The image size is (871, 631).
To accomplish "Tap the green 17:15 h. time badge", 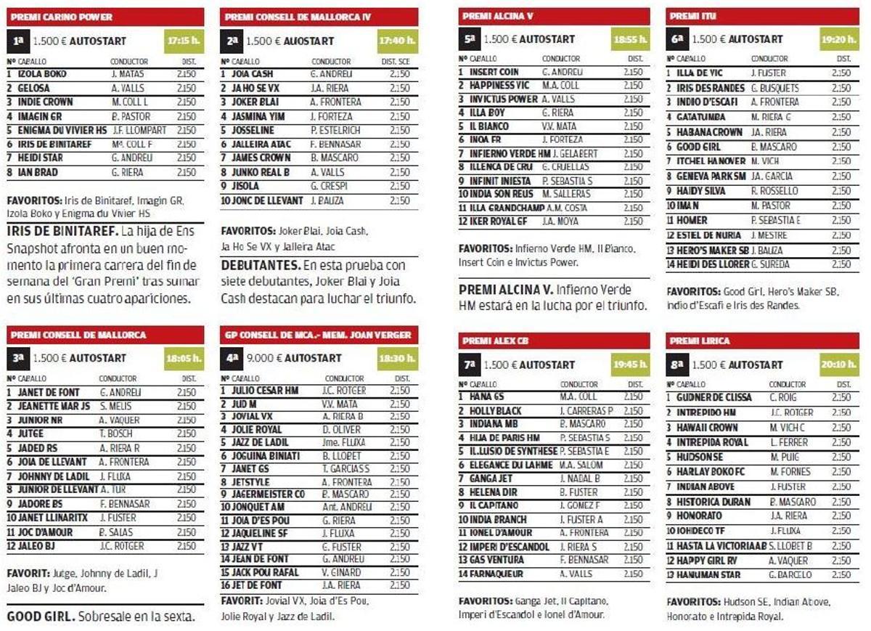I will pyautogui.click(x=184, y=41).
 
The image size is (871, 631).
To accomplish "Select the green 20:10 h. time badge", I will pyautogui.click(x=840, y=365).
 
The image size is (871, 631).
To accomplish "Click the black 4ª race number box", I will pyautogui.click(x=233, y=358).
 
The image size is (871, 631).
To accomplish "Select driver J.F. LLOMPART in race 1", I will pyautogui.click(x=139, y=131).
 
